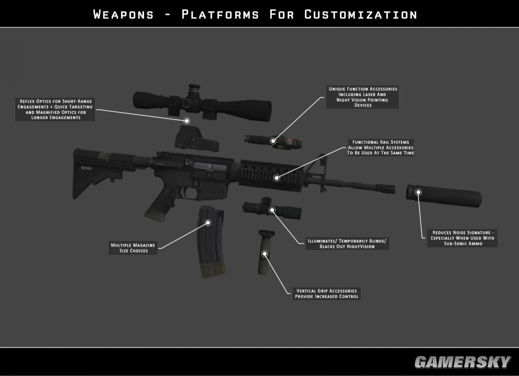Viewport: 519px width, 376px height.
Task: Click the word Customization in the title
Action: (x=361, y=14)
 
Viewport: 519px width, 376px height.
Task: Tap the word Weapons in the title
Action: (x=123, y=14)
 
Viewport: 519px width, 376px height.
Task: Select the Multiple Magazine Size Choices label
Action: (x=133, y=248)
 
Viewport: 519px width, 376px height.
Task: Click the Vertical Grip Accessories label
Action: (x=327, y=294)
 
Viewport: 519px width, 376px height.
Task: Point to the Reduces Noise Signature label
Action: (x=462, y=238)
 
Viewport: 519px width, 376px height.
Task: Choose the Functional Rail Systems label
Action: (x=381, y=147)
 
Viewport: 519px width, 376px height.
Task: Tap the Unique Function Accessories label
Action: (x=362, y=97)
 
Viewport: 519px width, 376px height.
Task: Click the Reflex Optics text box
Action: (x=55, y=109)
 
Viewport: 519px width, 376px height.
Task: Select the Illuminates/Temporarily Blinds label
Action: (x=347, y=243)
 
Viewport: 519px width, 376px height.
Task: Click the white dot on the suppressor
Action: (x=418, y=191)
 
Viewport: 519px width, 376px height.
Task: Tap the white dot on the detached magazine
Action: (x=208, y=223)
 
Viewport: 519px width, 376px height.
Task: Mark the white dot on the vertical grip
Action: (x=265, y=254)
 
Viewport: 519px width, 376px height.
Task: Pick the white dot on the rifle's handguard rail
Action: (x=276, y=178)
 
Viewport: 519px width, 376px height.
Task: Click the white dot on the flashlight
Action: (x=272, y=210)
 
